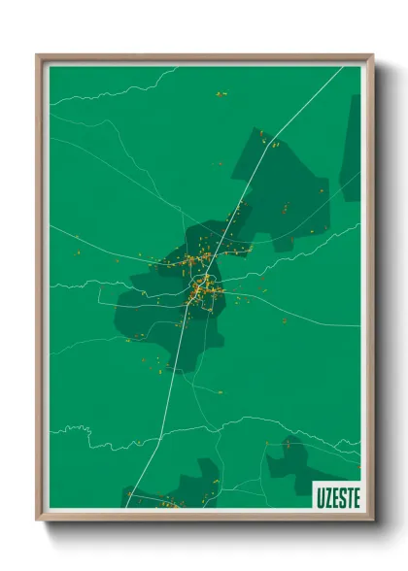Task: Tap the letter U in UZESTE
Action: [x=320, y=496]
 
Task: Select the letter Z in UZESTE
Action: [x=326, y=496]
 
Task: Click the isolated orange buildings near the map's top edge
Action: [x=221, y=94]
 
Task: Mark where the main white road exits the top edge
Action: [x=341, y=67]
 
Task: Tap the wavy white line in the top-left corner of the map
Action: [x=107, y=92]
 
